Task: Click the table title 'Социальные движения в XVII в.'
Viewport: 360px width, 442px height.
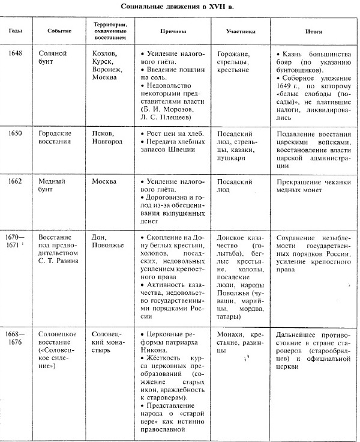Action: coord(179,7)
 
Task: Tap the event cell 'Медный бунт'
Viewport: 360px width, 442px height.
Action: coord(57,185)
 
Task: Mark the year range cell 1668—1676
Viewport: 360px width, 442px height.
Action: coord(16,339)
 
